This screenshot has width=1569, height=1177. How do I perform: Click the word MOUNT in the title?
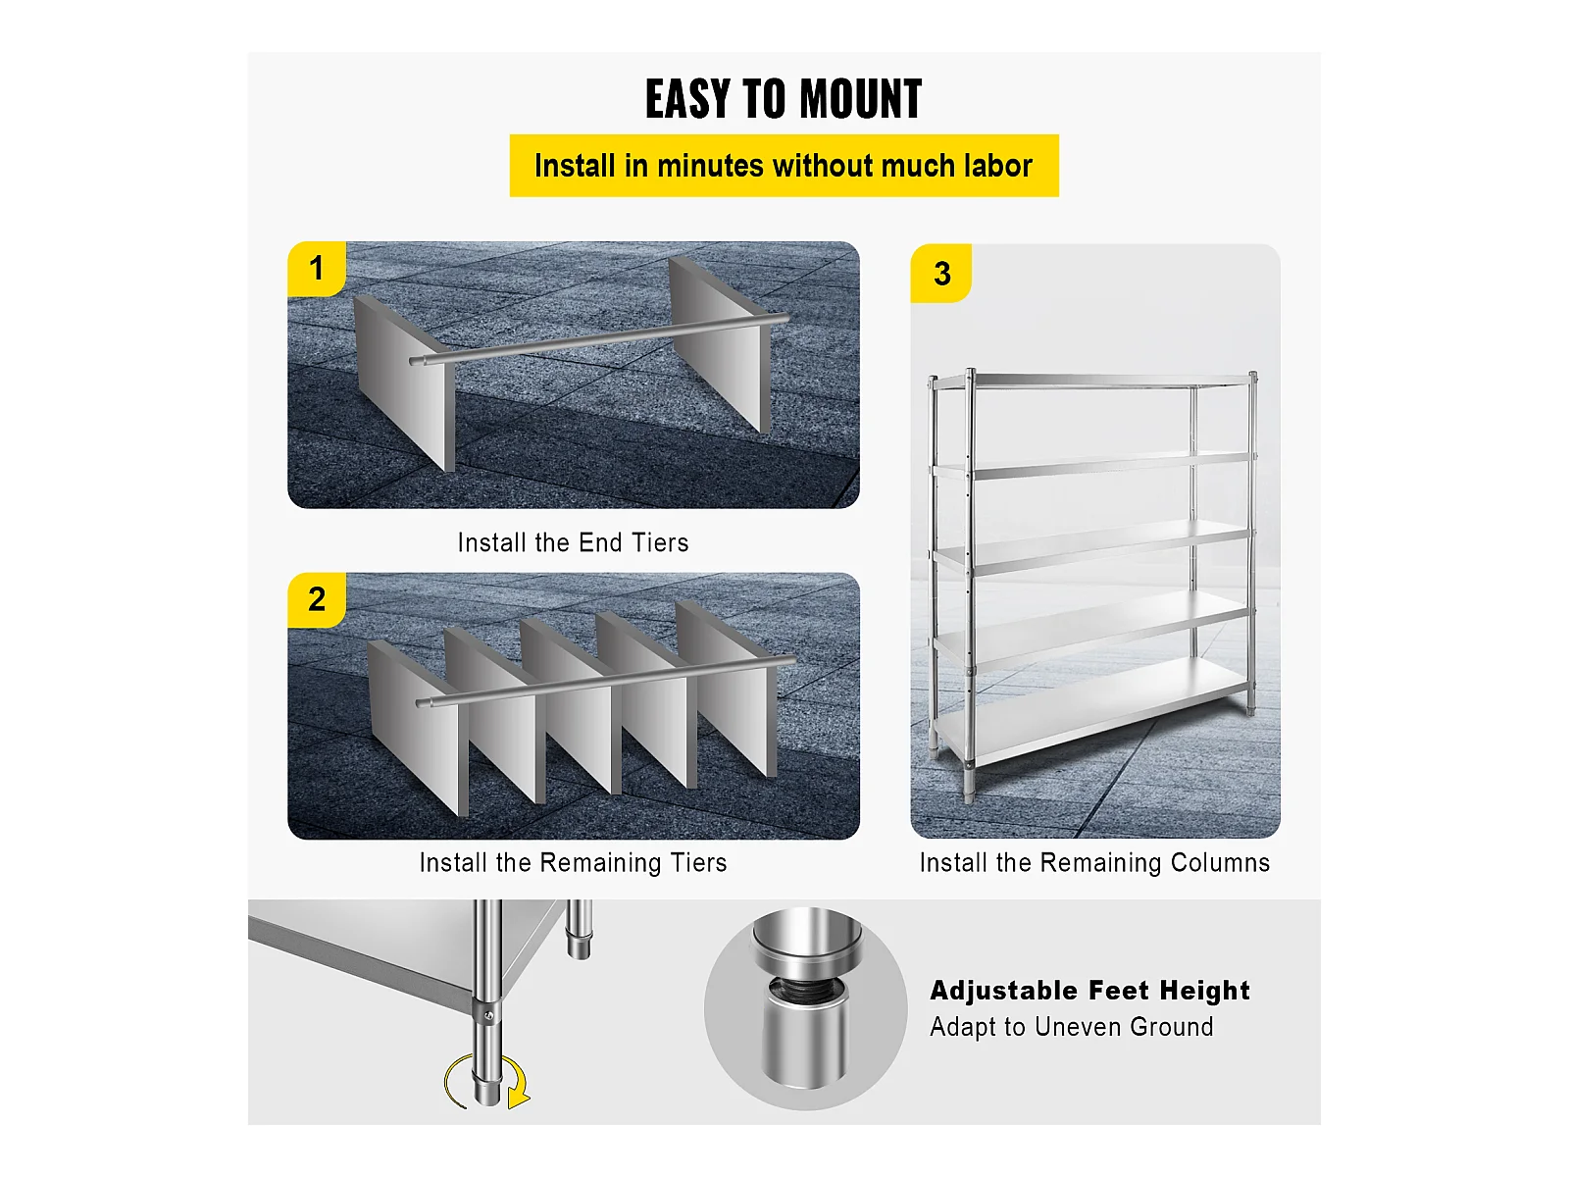coord(860,99)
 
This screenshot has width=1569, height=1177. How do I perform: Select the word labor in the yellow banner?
coord(997,166)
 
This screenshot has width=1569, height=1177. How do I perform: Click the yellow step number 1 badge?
coord(317,269)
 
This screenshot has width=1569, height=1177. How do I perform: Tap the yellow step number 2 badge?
coord(317,599)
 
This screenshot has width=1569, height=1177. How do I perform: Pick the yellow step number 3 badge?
coord(941,274)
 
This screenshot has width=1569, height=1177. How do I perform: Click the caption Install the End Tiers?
coord(574,543)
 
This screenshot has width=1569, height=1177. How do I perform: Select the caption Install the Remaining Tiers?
coord(574,862)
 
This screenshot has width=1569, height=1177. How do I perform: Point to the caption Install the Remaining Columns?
coord(1095,862)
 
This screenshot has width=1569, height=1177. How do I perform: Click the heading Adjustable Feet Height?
coord(1090,991)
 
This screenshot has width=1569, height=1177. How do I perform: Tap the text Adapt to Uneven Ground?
coord(1072,1027)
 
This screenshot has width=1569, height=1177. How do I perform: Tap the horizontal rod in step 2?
coord(606,681)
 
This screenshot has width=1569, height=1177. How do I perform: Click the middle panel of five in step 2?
coord(571,706)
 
